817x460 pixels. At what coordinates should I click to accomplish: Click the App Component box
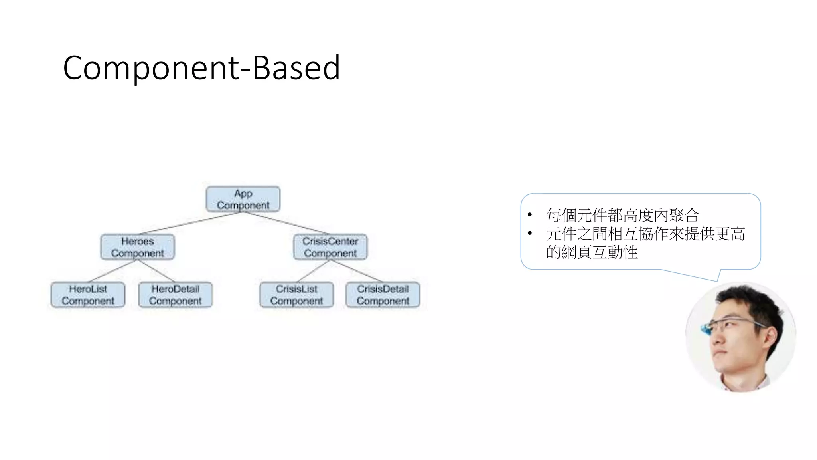click(243, 199)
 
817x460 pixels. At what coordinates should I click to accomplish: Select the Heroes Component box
click(138, 247)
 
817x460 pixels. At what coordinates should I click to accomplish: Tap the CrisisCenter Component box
click(330, 247)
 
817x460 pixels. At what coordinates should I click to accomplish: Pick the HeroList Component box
click(88, 295)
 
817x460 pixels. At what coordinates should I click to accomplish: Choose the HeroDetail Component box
click(176, 295)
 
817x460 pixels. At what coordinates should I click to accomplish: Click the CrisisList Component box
click(296, 295)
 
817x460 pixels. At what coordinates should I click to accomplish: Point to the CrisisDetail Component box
click(383, 295)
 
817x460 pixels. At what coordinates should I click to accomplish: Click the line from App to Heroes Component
click(191, 222)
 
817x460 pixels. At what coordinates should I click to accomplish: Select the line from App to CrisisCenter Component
click(286, 222)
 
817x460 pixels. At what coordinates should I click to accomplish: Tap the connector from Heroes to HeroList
click(112, 271)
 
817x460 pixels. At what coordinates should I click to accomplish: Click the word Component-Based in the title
click(201, 68)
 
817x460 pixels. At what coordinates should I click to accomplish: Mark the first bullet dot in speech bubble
click(530, 216)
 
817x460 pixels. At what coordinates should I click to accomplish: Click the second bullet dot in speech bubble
click(530, 234)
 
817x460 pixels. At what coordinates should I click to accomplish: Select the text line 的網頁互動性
click(592, 252)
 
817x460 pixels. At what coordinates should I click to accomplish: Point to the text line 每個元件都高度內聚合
click(622, 216)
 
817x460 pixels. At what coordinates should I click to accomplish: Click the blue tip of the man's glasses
click(706, 330)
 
